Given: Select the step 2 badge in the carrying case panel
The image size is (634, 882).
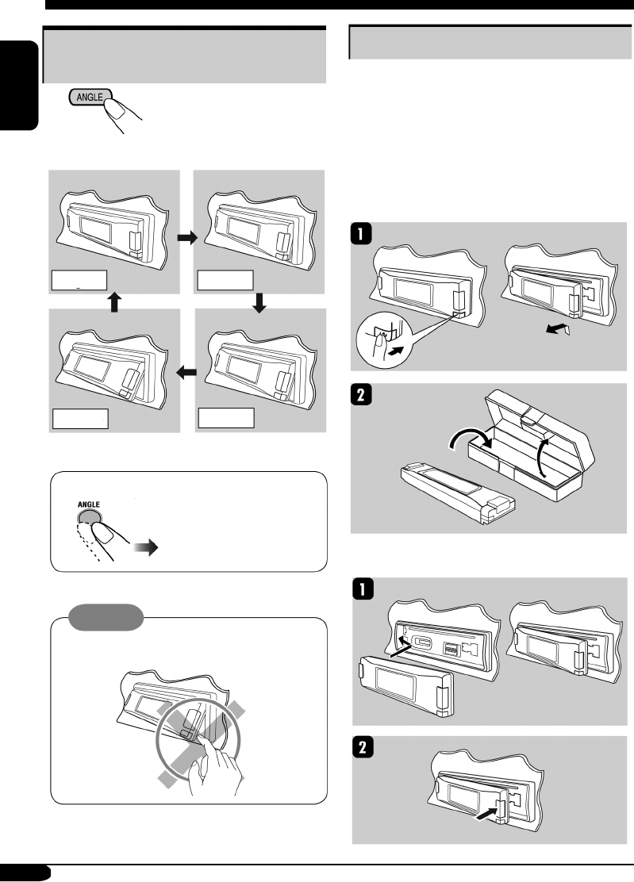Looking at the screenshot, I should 360,399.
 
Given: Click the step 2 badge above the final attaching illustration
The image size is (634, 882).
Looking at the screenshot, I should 360,750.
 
